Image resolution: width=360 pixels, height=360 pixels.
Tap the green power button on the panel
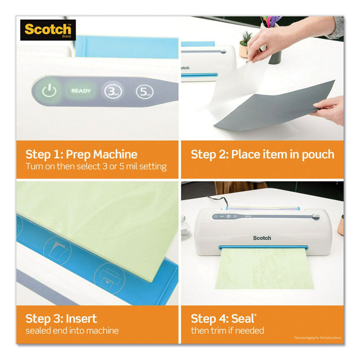point(49,91)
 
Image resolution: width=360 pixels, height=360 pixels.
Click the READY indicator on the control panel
point(81,91)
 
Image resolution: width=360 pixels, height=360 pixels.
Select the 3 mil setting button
point(111,91)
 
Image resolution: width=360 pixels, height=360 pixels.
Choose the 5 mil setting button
point(144,92)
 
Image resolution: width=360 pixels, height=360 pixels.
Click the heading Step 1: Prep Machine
point(81,154)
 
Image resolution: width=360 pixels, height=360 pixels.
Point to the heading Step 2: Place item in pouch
point(262,154)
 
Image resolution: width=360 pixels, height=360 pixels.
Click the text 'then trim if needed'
point(227,331)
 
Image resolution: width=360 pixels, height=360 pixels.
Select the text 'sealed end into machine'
point(72,331)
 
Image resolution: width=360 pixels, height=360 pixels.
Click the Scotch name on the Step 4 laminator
point(262,238)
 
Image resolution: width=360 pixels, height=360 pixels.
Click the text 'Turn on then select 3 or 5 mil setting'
point(96,167)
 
